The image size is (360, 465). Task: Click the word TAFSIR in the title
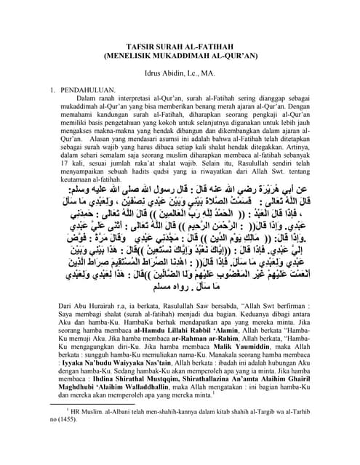(x=135, y=44)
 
